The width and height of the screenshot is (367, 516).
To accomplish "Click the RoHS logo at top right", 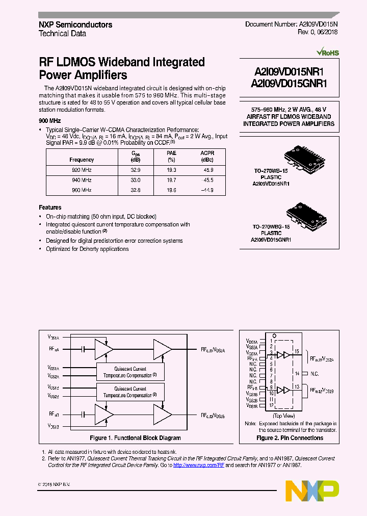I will pyautogui.click(x=327, y=52).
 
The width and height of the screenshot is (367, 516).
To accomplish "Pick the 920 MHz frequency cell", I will pyautogui.click(x=82, y=170).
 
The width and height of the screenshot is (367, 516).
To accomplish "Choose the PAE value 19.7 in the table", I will pyautogui.click(x=171, y=180).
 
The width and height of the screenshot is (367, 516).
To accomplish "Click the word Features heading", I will pyautogui.click(x=50, y=208).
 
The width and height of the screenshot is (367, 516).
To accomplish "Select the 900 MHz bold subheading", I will pyautogui.click(x=49, y=121).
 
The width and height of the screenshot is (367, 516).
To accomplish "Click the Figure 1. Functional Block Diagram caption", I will pyautogui.click(x=135, y=438).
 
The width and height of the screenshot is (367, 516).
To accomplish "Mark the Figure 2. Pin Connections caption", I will pyautogui.click(x=289, y=438).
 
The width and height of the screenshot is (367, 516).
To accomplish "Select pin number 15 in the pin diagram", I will pyautogui.click(x=297, y=351).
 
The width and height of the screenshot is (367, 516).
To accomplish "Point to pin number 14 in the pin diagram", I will pyautogui.click(x=297, y=373).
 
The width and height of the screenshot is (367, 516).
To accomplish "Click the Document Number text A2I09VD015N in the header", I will pyautogui.click(x=317, y=24).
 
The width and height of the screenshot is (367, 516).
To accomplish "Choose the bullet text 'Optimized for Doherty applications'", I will pyautogui.click(x=87, y=249).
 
